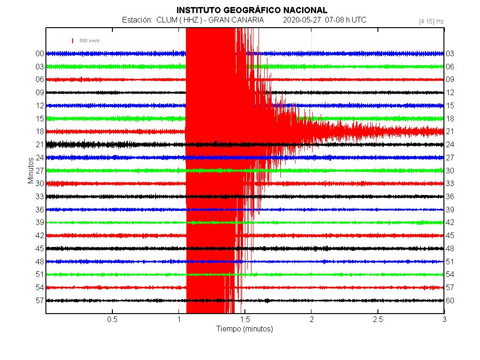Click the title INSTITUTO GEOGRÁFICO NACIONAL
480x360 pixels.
(x=251, y=10)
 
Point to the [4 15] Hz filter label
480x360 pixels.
(x=431, y=21)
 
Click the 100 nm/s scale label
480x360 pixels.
(x=89, y=41)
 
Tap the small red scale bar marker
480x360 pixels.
(x=73, y=41)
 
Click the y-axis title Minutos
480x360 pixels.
(x=31, y=170)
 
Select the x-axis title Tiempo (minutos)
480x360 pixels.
(x=244, y=329)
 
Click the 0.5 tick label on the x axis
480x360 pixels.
(x=112, y=320)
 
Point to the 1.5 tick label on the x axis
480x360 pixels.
(x=245, y=320)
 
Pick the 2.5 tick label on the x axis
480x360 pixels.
(x=377, y=320)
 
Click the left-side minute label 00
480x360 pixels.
(x=40, y=53)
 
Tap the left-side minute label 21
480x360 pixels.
(x=40, y=144)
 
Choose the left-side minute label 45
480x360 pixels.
(x=40, y=248)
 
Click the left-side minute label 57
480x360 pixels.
(x=40, y=300)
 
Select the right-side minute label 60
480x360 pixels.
(x=450, y=300)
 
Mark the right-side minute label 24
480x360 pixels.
(x=450, y=144)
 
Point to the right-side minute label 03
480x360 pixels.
(x=450, y=53)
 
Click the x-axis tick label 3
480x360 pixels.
(x=444, y=320)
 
